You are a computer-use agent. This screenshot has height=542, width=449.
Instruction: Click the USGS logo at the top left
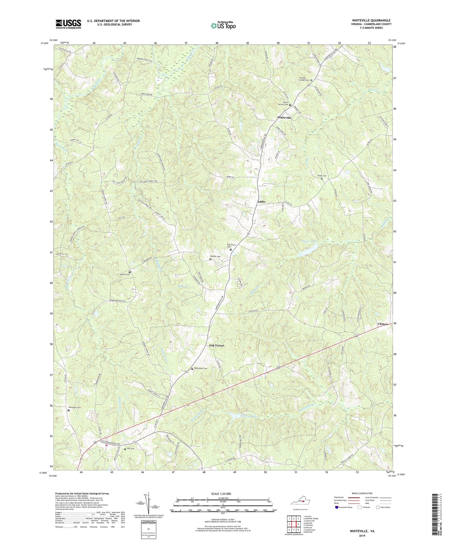(68, 24)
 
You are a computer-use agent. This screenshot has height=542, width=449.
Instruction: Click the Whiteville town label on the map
(284, 118)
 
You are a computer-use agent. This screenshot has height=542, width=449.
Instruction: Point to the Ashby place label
(261, 202)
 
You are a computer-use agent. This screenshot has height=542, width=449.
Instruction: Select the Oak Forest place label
(216, 346)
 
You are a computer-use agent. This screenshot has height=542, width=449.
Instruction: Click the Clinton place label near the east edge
(383, 324)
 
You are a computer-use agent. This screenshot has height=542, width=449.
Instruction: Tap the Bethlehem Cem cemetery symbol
(192, 369)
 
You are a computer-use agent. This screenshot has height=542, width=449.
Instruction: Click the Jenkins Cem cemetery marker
(130, 272)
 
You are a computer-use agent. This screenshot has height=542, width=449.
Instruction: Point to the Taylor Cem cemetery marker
(322, 178)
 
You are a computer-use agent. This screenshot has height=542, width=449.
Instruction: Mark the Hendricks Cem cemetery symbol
(69, 410)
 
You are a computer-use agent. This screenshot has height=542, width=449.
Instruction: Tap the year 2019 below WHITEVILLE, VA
(362, 535)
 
